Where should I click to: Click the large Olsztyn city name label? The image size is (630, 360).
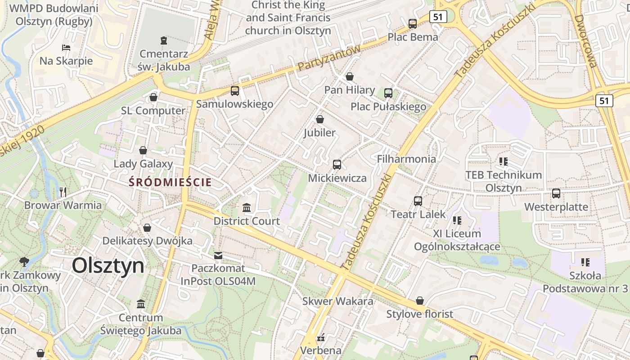click(x=108, y=265)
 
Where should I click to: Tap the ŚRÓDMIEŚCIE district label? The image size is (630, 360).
click(x=170, y=182)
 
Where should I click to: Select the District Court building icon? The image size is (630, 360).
click(x=247, y=208)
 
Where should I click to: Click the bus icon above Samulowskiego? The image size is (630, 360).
click(x=235, y=91)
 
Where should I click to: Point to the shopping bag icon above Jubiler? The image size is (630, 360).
click(x=320, y=119)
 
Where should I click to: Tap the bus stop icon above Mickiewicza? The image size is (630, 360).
click(x=337, y=165)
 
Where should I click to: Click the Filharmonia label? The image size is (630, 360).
click(x=406, y=159)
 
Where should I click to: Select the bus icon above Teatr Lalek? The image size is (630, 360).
click(x=418, y=201)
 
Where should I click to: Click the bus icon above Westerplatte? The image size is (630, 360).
click(x=556, y=193)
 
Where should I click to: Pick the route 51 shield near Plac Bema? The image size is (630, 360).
click(x=438, y=17)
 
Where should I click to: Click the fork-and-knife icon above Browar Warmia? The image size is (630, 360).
click(x=63, y=192)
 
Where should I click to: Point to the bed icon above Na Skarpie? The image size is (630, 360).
click(x=66, y=47)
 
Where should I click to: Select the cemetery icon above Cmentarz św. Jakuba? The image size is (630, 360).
click(x=163, y=41)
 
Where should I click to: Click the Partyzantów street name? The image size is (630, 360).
click(x=329, y=58)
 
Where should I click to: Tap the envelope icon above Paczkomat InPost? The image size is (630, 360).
click(x=218, y=256)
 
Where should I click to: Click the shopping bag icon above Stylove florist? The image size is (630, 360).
click(x=420, y=300)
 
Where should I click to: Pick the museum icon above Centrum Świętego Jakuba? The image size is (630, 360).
click(x=141, y=304)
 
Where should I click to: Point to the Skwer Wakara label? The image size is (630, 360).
click(x=337, y=301)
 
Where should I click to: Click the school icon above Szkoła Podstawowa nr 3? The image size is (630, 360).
click(x=585, y=262)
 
